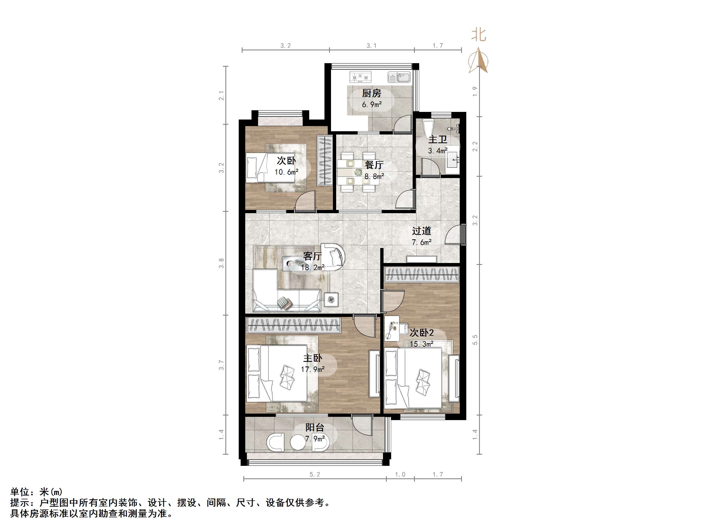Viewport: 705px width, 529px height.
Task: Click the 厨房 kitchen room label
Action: point(372,93)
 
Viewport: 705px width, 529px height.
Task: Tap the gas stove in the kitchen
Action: point(360,77)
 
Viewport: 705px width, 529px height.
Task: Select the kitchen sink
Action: point(399,77)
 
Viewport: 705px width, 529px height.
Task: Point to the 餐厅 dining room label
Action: point(374,165)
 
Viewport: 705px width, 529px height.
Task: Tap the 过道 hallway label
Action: point(421,231)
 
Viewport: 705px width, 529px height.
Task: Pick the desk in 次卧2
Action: point(392,332)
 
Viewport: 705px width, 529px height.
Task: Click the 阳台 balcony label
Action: point(315,427)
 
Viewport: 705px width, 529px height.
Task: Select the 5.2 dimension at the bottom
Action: point(315,475)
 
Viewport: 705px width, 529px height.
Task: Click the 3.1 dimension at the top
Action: point(371,45)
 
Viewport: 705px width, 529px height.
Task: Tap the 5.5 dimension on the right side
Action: point(475,340)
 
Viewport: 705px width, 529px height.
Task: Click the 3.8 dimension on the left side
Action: point(221,263)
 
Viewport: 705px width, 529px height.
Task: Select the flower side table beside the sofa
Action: point(331,300)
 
